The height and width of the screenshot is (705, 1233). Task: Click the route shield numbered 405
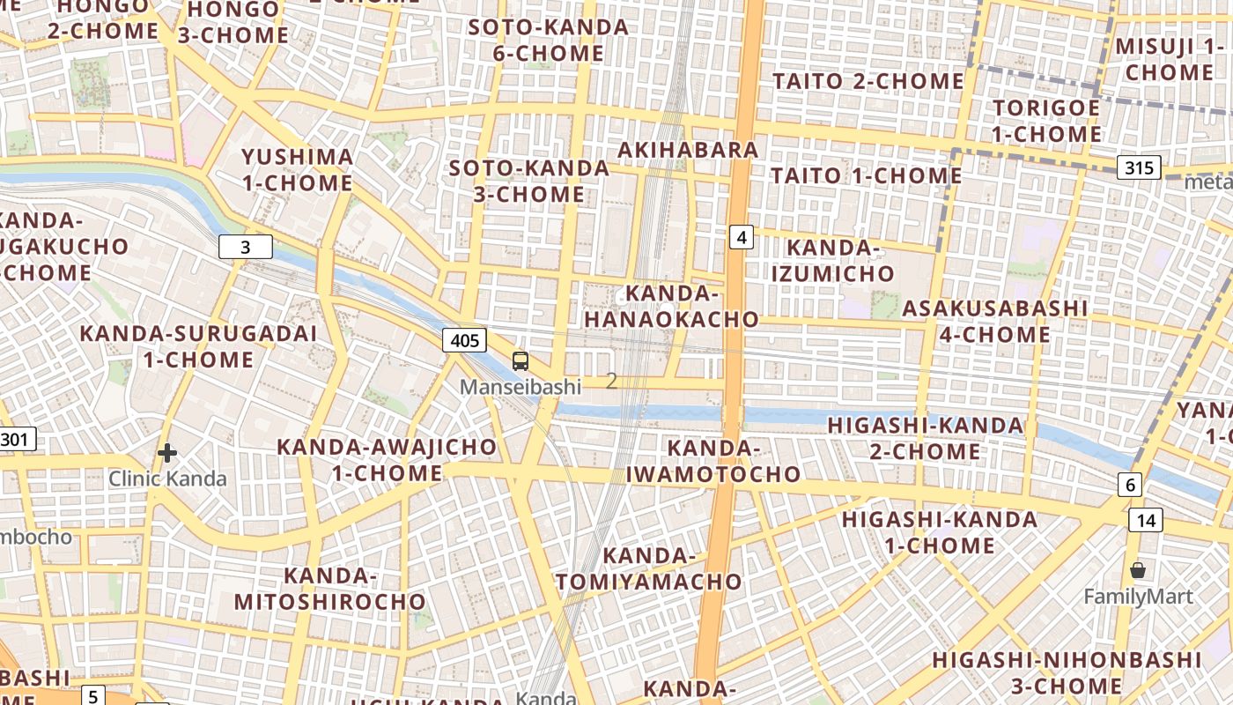[464, 341]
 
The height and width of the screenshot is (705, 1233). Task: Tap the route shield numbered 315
[1140, 167]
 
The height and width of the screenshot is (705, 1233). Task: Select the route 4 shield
[742, 236]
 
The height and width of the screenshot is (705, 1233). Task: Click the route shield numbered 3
[245, 248]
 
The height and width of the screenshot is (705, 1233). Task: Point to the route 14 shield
[1145, 520]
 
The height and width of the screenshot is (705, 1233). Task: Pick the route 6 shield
[1130, 484]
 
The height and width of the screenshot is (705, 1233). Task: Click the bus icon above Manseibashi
[521, 360]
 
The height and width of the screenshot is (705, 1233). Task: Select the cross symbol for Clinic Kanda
[166, 453]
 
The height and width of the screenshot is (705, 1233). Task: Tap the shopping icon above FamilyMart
[1138, 570]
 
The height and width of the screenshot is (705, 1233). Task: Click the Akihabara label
[688, 150]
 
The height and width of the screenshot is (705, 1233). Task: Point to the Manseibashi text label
[521, 387]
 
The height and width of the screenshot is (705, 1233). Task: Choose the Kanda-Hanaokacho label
[671, 306]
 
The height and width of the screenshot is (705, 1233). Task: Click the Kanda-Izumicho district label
[832, 261]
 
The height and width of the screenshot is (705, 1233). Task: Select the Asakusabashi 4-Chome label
[994, 322]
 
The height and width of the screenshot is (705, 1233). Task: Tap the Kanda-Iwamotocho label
[713, 461]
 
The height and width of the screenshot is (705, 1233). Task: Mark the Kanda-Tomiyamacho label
[649, 568]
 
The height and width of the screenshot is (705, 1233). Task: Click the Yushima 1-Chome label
[297, 170]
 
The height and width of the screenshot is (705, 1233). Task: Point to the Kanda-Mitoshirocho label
[330, 589]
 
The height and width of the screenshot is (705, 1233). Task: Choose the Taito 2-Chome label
[868, 81]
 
